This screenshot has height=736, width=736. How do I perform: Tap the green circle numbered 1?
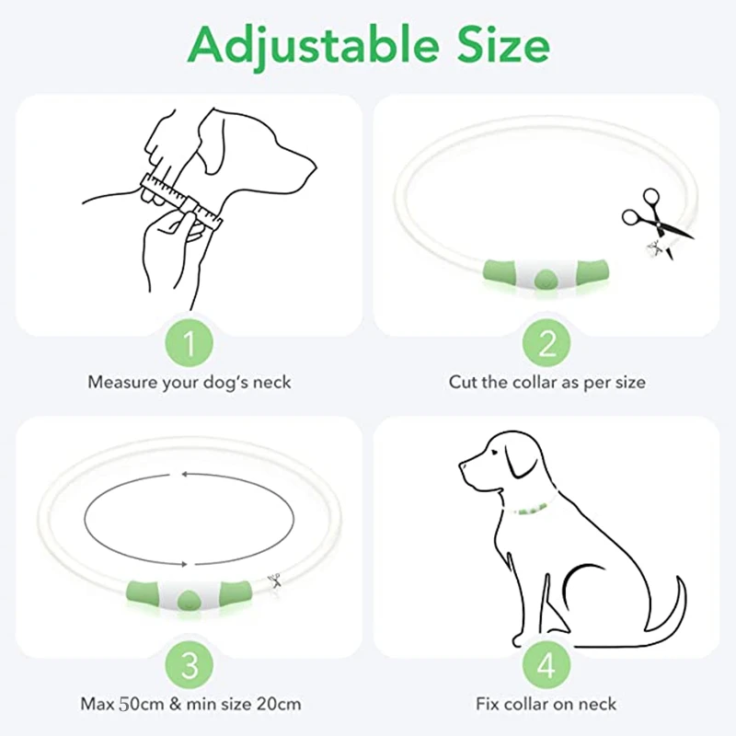coord(189,344)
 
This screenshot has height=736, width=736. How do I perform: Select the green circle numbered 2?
coord(547,344)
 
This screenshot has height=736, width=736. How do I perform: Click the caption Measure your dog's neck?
coord(189,381)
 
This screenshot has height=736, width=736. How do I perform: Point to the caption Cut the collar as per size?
coord(546,381)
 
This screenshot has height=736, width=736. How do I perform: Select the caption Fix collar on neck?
coord(546,705)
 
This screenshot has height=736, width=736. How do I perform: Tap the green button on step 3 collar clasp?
coord(189,596)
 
